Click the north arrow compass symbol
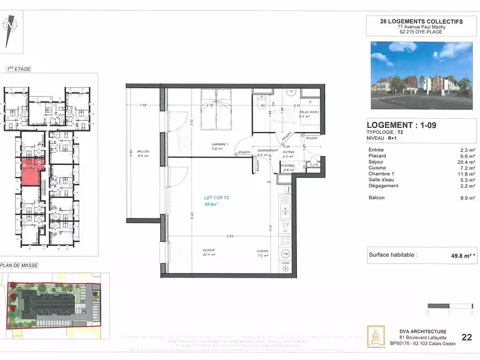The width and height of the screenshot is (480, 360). (9, 30)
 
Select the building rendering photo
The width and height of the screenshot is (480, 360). (422, 76)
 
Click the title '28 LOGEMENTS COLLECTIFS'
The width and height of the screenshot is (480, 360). (422, 21)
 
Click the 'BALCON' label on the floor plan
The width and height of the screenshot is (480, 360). (142, 151)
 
